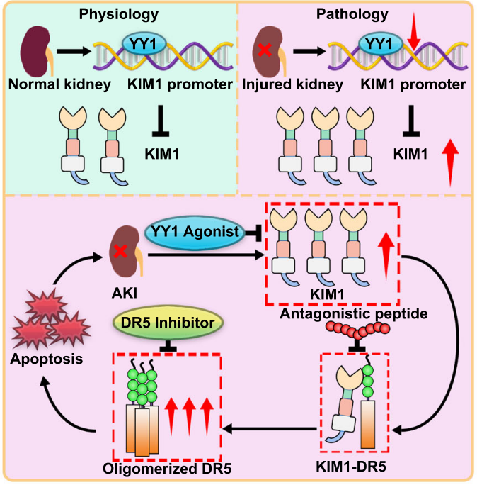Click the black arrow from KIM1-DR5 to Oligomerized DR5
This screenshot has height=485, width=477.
pos(269,428)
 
